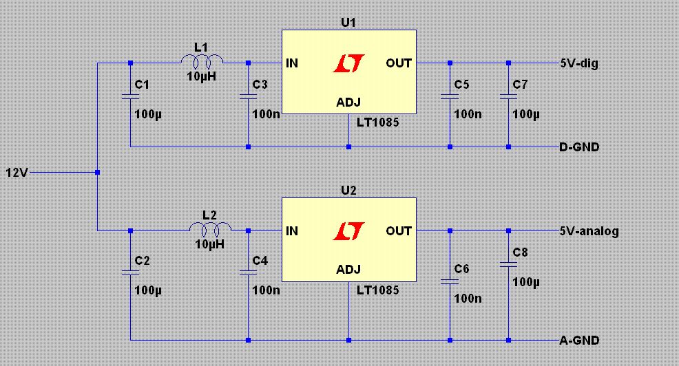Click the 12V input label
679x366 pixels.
(x=17, y=173)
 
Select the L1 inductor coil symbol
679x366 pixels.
(x=202, y=62)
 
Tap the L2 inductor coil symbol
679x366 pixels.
(x=211, y=229)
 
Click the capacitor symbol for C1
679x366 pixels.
(x=130, y=96)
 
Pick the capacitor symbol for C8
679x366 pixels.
(x=508, y=264)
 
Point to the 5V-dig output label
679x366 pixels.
(x=579, y=63)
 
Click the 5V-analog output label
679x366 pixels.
(x=589, y=231)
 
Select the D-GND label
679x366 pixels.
(x=579, y=147)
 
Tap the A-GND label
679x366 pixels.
(x=579, y=341)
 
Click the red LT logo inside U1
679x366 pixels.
(x=349, y=63)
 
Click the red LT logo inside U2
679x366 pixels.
(x=349, y=231)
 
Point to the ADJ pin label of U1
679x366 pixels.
(x=348, y=103)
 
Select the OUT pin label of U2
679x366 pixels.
(x=399, y=231)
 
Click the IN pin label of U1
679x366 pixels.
(x=292, y=63)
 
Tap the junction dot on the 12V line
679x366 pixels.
(x=97, y=172)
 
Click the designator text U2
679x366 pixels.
(x=348, y=191)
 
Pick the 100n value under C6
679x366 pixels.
(x=468, y=299)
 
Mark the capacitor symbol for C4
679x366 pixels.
(x=248, y=272)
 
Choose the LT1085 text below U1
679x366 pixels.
(x=377, y=122)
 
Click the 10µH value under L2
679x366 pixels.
(x=209, y=244)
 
